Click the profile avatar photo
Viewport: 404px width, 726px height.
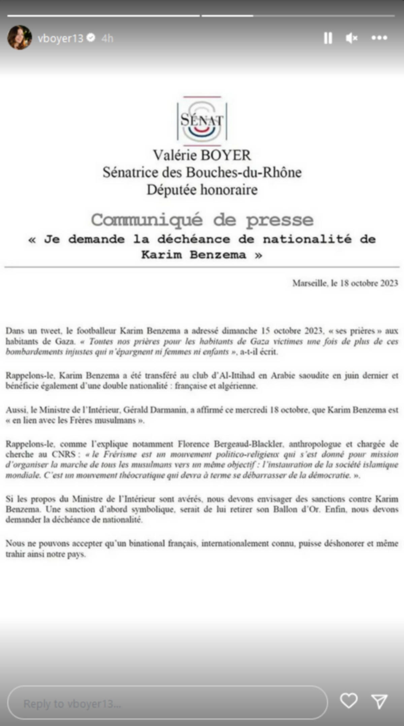click(20, 38)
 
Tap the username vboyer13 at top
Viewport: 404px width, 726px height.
click(60, 38)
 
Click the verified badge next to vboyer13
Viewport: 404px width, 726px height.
click(91, 38)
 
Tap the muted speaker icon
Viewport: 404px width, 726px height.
click(351, 38)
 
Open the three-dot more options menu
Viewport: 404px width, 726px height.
click(379, 38)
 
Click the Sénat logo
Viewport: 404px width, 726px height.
click(202, 120)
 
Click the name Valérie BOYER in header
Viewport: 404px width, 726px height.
click(202, 155)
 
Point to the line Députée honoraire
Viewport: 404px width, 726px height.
click(202, 190)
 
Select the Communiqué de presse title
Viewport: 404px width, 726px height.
click(202, 220)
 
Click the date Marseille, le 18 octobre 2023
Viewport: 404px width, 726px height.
click(345, 283)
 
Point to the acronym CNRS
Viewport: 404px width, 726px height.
click(64, 454)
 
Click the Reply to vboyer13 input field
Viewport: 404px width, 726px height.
click(167, 703)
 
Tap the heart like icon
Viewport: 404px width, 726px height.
click(348, 701)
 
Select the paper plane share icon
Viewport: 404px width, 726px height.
click(380, 701)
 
